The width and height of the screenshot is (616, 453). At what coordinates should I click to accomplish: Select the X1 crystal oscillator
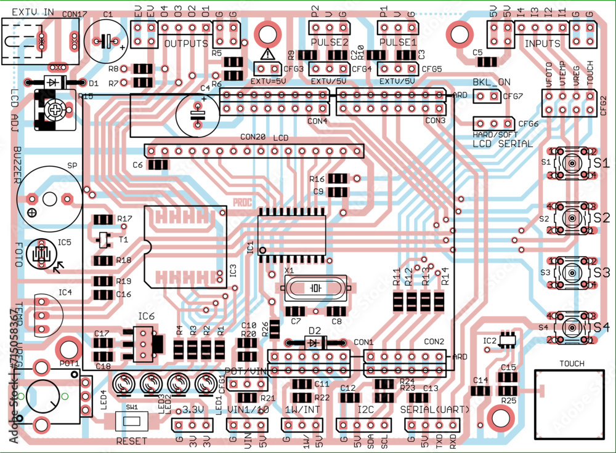pos(315,287)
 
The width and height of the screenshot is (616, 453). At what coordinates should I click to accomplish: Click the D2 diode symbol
pos(315,342)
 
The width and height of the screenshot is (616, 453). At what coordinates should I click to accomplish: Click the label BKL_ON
pos(491,82)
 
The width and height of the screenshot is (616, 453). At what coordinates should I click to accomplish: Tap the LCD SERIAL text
pos(502,143)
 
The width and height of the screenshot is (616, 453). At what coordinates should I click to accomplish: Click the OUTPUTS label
pos(186,44)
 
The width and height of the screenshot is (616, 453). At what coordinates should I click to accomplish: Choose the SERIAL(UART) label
pos(434,409)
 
